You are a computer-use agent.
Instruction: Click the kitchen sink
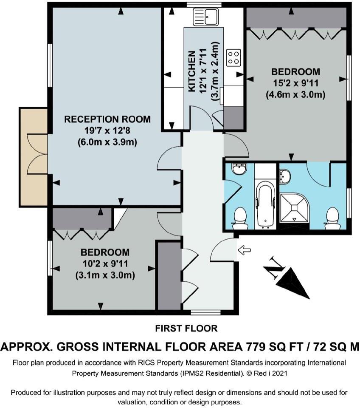point(205,17)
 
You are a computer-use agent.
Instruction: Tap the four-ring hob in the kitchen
point(233,57)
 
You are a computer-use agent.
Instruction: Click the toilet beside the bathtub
point(240,218)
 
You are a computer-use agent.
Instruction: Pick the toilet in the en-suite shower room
point(332,218)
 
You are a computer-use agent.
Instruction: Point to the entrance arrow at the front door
point(245,250)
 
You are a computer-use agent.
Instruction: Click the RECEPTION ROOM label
point(107,119)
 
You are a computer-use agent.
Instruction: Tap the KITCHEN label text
point(192,71)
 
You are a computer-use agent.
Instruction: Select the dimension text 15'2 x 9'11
point(295,83)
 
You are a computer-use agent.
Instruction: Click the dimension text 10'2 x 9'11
point(105,264)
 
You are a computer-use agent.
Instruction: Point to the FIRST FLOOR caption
point(186,329)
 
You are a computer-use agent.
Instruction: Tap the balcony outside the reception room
point(33,157)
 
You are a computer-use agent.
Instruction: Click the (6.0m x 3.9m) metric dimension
point(107,142)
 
